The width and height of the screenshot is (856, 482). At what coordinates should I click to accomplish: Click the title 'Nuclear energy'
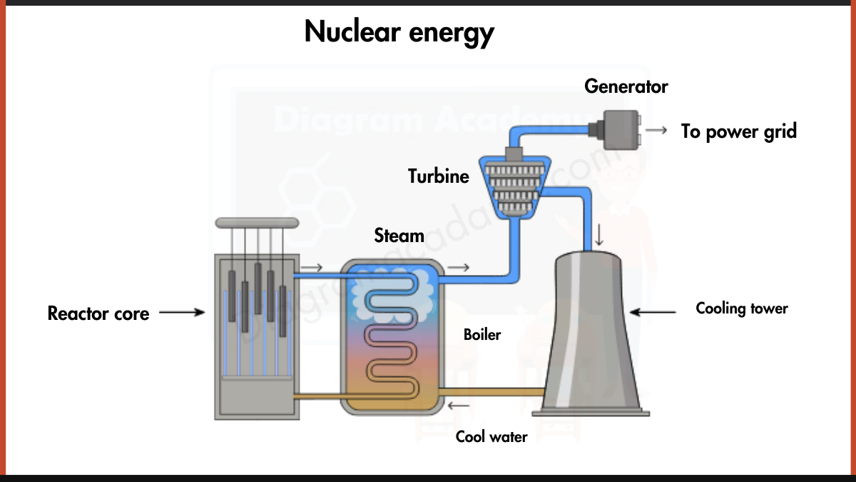399,32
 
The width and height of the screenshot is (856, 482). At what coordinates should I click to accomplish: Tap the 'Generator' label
626,86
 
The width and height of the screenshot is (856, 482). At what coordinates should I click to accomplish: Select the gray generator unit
620,130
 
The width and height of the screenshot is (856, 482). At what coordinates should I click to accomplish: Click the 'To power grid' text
738,131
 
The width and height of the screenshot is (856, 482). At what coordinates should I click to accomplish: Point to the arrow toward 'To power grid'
657,131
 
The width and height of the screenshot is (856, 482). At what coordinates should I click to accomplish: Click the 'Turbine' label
439,176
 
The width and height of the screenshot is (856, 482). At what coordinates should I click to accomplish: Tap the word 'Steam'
399,235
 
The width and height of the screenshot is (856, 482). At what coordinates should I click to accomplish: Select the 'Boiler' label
482,333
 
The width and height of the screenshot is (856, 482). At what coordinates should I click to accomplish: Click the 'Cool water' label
491,436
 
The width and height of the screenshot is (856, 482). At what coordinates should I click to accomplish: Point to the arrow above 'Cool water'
459,407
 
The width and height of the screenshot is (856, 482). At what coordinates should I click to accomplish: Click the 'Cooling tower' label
742,308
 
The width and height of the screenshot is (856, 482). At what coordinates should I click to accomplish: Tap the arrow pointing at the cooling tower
653,311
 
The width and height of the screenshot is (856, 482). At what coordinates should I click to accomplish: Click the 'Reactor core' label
98,313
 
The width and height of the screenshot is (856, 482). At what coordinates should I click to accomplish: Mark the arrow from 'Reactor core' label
182,313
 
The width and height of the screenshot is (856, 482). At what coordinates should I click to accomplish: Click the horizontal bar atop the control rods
257,223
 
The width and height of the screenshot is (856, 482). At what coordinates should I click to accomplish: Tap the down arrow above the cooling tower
599,234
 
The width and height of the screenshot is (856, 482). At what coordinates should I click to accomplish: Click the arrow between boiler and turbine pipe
459,268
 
